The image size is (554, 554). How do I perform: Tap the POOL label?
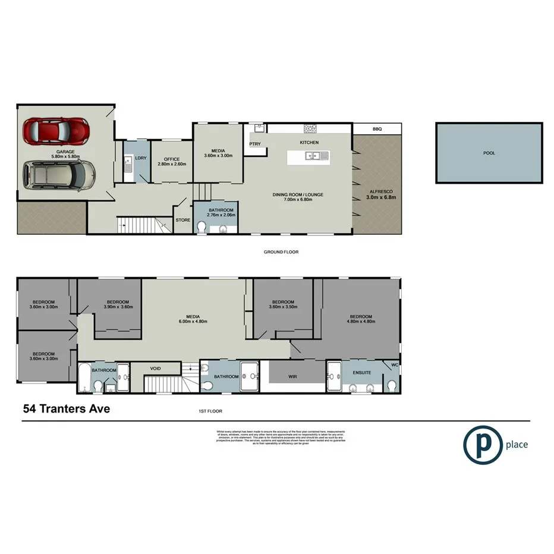(x=489, y=153)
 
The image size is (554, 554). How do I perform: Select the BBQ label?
(x=377, y=129)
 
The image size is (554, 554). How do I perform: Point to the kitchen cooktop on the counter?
(x=310, y=128)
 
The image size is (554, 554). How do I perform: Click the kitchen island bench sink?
(x=313, y=156)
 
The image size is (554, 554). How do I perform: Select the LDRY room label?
(x=141, y=158)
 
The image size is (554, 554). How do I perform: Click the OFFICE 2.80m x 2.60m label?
(x=172, y=161)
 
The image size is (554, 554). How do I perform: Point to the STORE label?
(x=182, y=220)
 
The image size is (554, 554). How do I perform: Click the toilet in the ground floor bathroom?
(x=202, y=226)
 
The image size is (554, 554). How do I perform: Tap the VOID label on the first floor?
(x=155, y=369)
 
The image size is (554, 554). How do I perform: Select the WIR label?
(x=292, y=376)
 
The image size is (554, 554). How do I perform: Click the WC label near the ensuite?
(x=395, y=365)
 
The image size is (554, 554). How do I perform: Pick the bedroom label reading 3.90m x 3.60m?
(x=117, y=304)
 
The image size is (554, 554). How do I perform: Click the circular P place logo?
(x=481, y=444)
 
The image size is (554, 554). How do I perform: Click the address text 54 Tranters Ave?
(x=66, y=408)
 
